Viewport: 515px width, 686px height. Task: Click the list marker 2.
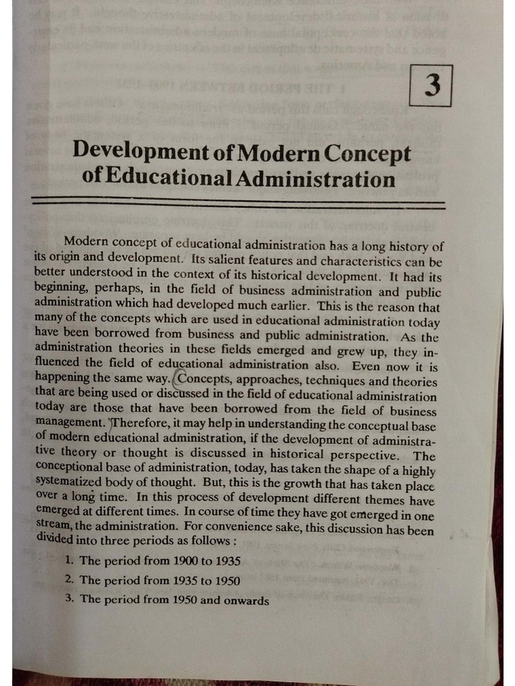(70, 580)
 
